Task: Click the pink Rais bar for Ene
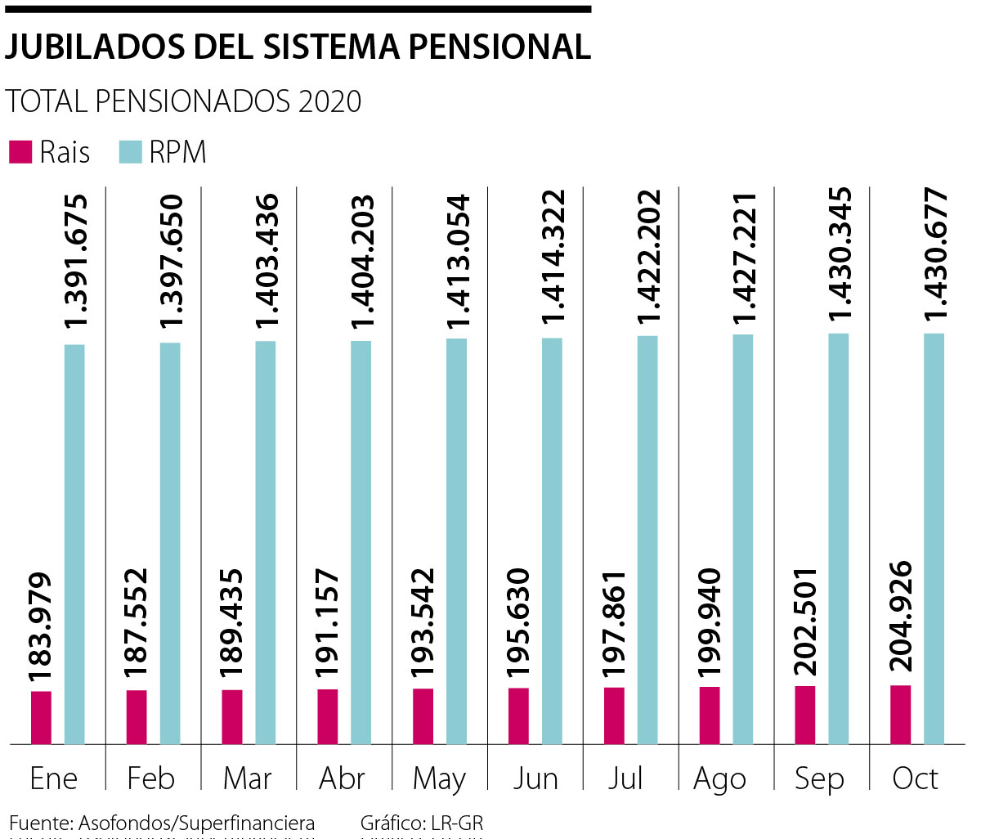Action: point(41,717)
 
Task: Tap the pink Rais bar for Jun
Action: point(518,716)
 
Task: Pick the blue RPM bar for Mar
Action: point(266,541)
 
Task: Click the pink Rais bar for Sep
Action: point(805,715)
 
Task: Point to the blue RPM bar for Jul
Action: point(647,540)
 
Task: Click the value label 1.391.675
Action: point(75,262)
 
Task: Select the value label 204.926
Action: point(900,619)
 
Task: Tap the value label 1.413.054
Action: point(457,264)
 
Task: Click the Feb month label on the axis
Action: point(151,778)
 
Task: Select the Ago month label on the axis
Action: point(719,779)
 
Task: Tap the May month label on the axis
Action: point(439,779)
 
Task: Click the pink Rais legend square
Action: point(20,152)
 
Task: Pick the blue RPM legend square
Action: point(131,152)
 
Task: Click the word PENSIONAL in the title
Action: point(499,47)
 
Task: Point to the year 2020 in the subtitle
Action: point(329,101)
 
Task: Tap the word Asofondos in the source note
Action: point(126,823)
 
